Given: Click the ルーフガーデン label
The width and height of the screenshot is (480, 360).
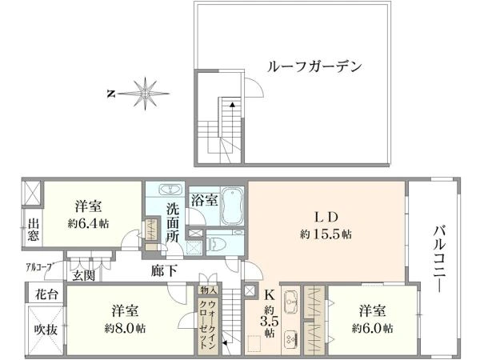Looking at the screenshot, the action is point(314,66).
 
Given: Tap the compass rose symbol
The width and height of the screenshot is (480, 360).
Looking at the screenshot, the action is point(144,94).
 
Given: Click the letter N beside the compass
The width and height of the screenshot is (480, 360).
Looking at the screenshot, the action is point(111,94).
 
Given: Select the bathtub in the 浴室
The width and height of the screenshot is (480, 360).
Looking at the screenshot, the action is point(233,206).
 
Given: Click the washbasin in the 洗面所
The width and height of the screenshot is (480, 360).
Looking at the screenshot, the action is point(170,190).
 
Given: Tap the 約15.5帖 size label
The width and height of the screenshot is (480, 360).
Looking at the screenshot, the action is point(326,234).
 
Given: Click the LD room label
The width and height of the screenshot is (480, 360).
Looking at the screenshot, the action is point(326,217).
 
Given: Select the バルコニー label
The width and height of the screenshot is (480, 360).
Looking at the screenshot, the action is point(439,259).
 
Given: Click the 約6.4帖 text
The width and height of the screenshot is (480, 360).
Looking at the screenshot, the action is point(88,223).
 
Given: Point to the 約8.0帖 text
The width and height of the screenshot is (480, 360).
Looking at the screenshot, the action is point(125,329).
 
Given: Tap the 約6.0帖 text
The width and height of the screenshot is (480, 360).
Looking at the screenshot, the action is point(372,329).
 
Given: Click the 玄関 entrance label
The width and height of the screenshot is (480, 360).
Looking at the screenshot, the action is point(83,276).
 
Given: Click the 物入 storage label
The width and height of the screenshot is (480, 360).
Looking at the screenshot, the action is point(209,290).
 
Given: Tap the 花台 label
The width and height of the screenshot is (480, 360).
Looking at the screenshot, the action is point(46,294).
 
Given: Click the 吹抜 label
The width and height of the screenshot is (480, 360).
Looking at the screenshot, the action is point(46,330).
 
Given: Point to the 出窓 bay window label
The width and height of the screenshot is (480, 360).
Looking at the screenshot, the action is point(33,230).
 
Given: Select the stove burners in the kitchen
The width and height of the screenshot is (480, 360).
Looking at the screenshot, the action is point(290,339).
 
